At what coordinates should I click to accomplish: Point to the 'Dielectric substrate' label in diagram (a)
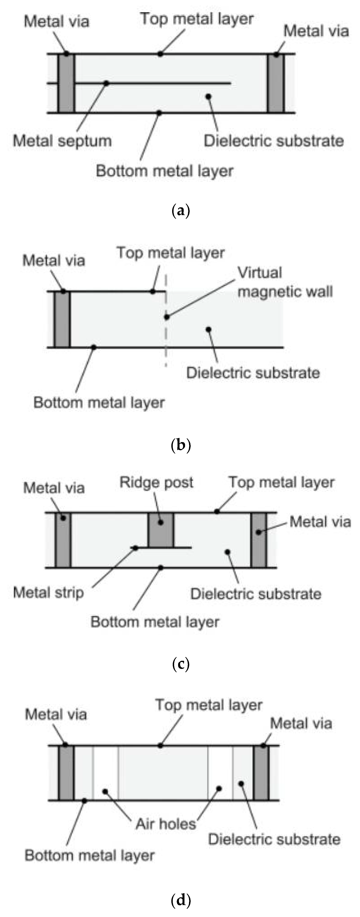point(274,141)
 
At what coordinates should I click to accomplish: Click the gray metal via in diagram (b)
point(62,319)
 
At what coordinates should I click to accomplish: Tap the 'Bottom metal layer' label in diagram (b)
point(99,403)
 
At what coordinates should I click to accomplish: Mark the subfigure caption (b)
point(180,445)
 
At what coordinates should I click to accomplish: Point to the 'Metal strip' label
point(49,593)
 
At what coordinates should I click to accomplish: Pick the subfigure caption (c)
point(180,664)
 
